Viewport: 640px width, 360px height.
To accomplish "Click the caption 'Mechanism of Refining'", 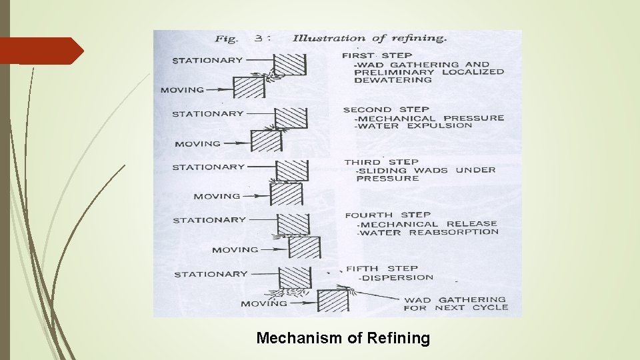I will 343,338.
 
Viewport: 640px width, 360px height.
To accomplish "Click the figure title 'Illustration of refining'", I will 369,38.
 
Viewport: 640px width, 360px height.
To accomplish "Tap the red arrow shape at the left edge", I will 41,51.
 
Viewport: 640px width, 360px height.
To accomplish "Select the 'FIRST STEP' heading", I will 377,55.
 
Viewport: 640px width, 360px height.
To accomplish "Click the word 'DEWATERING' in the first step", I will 393,80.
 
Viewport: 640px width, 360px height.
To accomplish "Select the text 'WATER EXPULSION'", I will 415,126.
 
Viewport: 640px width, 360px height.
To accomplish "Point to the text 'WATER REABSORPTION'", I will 429,233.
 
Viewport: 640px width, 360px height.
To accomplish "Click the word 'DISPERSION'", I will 399,277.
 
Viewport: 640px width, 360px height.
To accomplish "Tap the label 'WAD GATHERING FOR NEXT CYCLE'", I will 455,304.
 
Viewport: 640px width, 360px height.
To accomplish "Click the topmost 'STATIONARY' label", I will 207,60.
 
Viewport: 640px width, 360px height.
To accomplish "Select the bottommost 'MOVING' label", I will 264,304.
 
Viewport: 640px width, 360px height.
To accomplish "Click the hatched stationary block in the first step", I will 291,65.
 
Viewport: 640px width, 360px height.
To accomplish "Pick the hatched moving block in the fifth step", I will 333,301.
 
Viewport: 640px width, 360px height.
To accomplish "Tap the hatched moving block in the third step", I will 287,194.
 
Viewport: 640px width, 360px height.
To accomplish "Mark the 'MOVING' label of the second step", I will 197,143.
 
